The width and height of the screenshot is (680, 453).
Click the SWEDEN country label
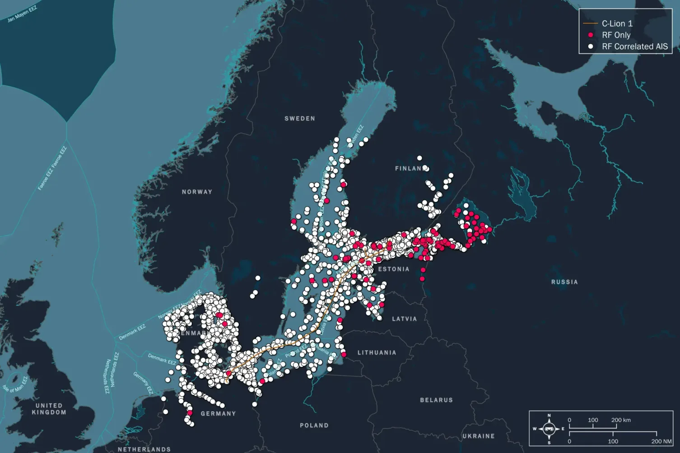[300, 119]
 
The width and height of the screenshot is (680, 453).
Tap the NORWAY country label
[197, 192]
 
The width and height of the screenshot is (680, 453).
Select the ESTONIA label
[394, 269]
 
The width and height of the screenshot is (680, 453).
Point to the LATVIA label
[405, 319]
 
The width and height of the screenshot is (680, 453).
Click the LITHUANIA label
[377, 353]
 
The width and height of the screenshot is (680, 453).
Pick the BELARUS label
[436, 400]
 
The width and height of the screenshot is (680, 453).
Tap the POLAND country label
[314, 425]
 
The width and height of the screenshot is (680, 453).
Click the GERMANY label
[219, 414]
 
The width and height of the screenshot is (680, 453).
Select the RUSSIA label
[564, 282]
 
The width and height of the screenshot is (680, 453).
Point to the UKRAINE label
[479, 436]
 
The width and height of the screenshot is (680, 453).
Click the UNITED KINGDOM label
[49, 409]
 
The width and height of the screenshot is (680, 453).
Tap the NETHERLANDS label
[144, 449]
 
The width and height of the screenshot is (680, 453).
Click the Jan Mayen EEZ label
[22, 14]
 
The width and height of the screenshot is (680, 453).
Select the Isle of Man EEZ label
[15, 384]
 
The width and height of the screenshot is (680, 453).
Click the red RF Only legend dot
[591, 35]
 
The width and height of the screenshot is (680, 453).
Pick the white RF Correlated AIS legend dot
[591, 46]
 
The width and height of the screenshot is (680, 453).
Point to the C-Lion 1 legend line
[591, 23]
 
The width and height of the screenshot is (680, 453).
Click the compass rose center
[549, 429]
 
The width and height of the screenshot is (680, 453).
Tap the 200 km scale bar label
[621, 420]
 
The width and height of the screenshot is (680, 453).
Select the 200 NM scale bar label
[661, 441]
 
